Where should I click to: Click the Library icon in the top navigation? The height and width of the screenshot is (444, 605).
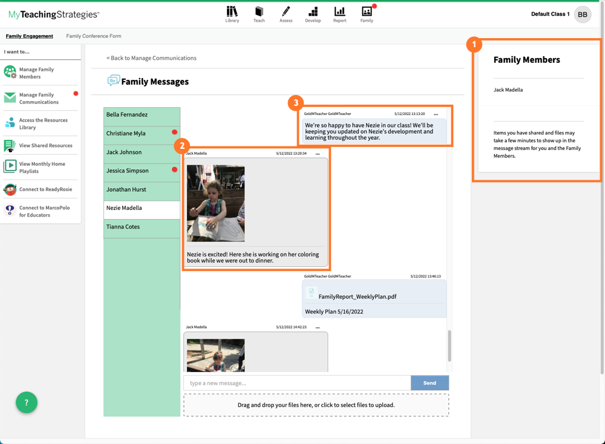point(232,14)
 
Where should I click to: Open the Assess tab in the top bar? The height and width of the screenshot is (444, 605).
point(286,14)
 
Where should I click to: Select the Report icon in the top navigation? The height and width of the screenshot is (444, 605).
point(339,14)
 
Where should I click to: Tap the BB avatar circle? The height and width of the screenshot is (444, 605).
point(582,15)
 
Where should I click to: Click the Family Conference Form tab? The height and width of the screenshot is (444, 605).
point(93,36)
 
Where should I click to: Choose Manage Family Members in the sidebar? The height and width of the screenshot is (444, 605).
point(36,73)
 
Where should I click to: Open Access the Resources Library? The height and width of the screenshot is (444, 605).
point(43,123)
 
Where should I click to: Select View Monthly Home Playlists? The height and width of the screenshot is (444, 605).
point(42,168)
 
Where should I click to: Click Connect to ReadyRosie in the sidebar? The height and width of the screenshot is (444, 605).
point(45,189)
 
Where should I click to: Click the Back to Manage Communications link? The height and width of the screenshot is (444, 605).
point(152,58)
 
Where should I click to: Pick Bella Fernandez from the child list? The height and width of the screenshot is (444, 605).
point(127,114)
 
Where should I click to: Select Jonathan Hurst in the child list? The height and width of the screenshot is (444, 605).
point(126,189)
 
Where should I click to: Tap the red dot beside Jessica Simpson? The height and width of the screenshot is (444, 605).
point(175,170)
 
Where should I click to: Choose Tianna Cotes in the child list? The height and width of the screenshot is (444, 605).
point(123,227)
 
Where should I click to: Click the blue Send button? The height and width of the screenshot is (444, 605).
point(430,383)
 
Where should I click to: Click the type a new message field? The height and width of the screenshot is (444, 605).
point(296,383)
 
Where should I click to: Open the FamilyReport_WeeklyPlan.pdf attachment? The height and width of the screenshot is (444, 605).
point(357,296)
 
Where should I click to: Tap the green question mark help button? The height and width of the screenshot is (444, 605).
point(27,402)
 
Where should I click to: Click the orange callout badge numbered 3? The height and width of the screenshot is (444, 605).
point(295,103)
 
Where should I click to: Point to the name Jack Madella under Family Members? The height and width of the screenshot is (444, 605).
point(508,90)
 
